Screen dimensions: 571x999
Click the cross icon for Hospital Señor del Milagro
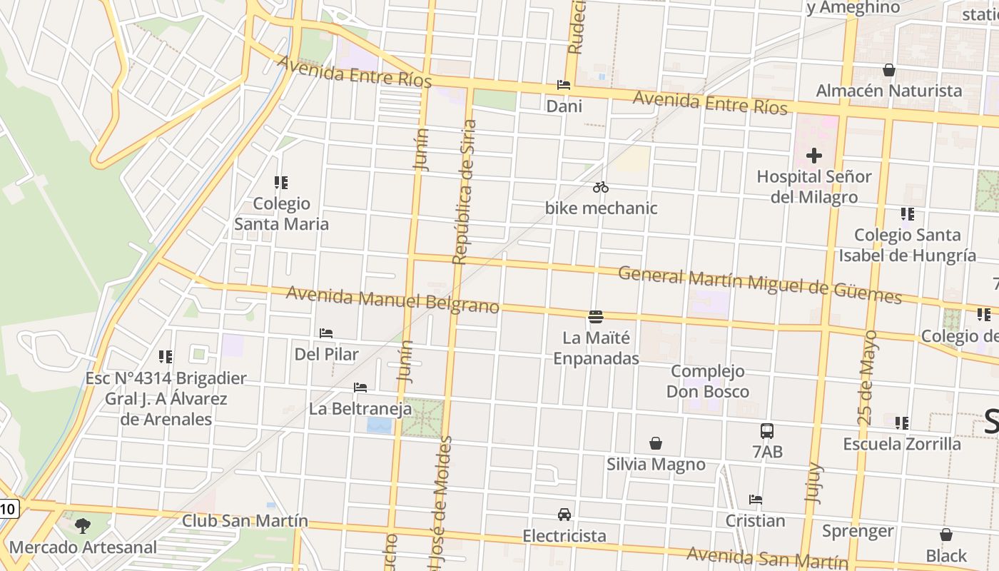[813, 156]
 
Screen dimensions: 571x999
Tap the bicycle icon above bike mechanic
[601, 188]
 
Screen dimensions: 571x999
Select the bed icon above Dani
[564, 85]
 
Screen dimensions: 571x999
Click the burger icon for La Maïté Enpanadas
[596, 316]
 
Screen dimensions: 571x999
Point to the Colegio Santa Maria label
[282, 213]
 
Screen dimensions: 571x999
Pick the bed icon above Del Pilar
[326, 333]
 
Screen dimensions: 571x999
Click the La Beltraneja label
[360, 409]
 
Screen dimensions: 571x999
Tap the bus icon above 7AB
[767, 431]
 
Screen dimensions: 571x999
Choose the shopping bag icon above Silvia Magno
[656, 443]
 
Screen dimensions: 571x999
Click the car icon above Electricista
[564, 515]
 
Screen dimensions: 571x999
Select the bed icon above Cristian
[755, 500]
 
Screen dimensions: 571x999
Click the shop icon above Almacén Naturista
[889, 70]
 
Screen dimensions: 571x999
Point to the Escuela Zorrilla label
[902, 444]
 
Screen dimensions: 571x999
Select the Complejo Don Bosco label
[708, 381]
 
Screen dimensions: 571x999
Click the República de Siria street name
[465, 191]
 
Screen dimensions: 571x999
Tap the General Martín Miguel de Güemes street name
[759, 285]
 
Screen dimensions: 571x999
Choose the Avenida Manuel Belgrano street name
[392, 300]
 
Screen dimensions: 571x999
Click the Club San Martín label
[245, 521]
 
